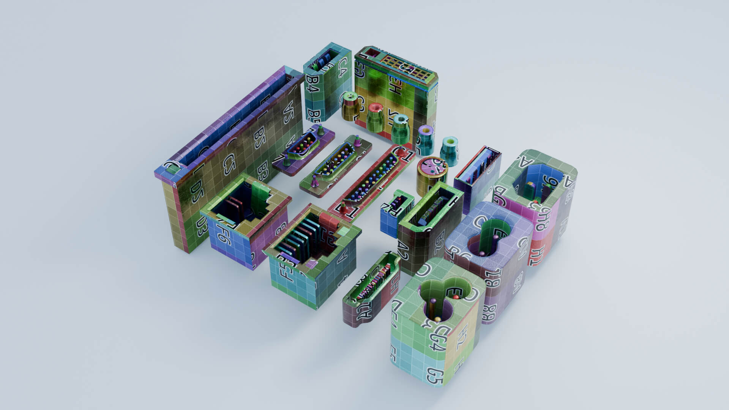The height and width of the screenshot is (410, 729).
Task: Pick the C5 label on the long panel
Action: tap(227, 164)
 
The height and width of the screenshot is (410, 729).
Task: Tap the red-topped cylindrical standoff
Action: tap(375, 117)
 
